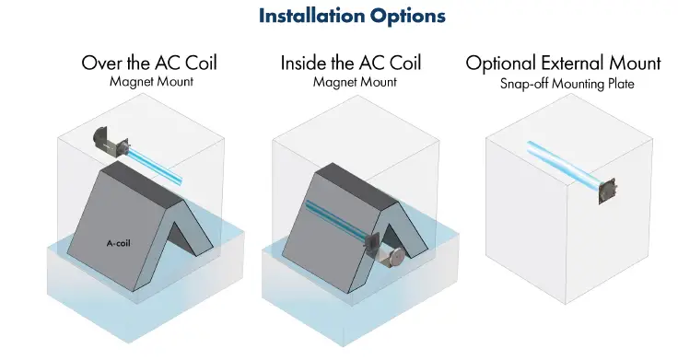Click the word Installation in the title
tap(306, 17)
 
